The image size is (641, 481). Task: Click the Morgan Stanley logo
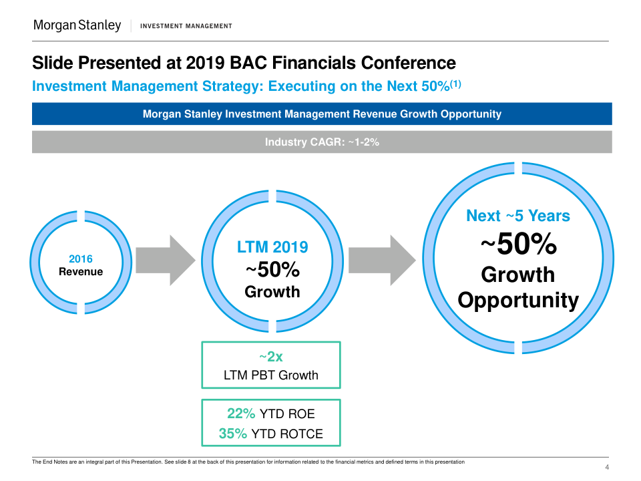(x=77, y=25)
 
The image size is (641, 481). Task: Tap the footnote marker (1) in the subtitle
(x=456, y=84)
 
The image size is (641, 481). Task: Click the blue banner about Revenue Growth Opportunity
(x=322, y=114)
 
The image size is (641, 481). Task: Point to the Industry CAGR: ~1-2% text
(x=322, y=142)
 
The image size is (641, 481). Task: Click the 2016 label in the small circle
(x=81, y=259)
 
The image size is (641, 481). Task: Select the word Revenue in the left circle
(x=81, y=272)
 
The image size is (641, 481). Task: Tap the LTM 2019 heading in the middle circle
(x=272, y=247)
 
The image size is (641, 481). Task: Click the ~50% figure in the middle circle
(x=272, y=271)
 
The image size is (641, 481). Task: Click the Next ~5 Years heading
(x=518, y=216)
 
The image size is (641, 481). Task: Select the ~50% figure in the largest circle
(x=518, y=245)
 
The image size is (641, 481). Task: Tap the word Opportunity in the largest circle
(x=518, y=300)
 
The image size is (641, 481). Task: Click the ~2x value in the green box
(x=270, y=357)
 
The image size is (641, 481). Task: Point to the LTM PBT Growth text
(x=270, y=375)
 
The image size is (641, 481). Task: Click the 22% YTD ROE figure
(x=270, y=414)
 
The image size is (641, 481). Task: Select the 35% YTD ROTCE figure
(x=270, y=434)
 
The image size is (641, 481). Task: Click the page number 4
(x=606, y=467)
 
